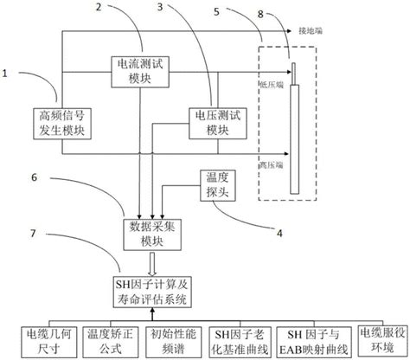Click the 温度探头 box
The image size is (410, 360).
pyautogui.click(x=216, y=183)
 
